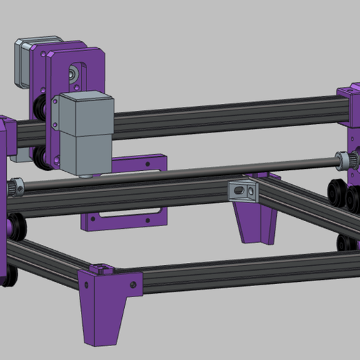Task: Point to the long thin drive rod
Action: [x=209, y=170]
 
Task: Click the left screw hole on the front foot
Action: [x=85, y=284]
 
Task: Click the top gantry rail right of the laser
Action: [x=223, y=115]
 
